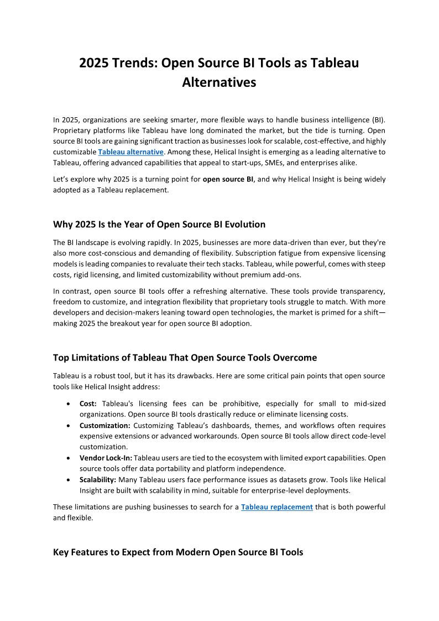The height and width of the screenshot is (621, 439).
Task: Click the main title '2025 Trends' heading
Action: tap(219, 63)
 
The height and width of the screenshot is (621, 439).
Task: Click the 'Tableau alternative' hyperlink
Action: tap(130, 152)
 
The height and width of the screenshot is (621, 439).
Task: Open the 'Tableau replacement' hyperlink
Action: tap(277, 507)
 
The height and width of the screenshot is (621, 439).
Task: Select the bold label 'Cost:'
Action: tap(88, 404)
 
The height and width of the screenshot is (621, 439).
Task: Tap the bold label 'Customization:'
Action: tap(105, 426)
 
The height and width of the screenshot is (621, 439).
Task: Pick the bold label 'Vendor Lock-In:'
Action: tap(106, 458)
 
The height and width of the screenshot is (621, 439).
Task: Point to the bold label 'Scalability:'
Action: tap(97, 479)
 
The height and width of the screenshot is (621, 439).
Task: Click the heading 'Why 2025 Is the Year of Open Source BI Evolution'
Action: tap(159, 225)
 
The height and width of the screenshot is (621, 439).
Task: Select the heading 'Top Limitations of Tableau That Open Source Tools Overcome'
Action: tap(185, 358)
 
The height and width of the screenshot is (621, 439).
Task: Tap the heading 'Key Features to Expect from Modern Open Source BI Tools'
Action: tap(178, 552)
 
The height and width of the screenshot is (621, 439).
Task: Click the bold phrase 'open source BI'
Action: tap(228, 179)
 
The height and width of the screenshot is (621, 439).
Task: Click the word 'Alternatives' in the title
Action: tap(219, 82)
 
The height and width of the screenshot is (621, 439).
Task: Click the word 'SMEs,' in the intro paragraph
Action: tap(281, 162)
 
